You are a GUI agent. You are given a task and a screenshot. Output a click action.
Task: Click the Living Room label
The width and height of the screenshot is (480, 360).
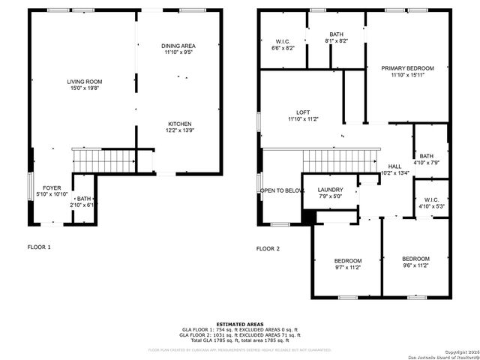pyautogui.click(x=85, y=82)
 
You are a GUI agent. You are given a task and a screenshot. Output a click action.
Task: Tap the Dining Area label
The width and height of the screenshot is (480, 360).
pyautogui.click(x=179, y=46)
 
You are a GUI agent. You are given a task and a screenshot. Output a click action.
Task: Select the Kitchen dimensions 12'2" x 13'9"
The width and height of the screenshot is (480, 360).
pyautogui.click(x=179, y=130)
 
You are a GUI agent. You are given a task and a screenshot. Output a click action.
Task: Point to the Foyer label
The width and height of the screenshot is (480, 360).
pyautogui.click(x=52, y=188)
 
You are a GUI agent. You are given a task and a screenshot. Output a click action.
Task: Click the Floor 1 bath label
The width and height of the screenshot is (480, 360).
pyautogui.click(x=82, y=199)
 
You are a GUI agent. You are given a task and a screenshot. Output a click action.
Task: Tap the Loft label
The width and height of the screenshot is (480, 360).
pyautogui.click(x=302, y=112)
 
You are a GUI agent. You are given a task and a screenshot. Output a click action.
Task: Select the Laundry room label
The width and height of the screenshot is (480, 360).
pyautogui.click(x=330, y=190)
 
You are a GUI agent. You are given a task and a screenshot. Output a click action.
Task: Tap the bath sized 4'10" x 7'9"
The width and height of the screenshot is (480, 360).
pyautogui.click(x=426, y=156)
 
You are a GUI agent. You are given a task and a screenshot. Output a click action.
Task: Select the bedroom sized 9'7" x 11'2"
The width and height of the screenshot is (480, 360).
pyautogui.click(x=347, y=260)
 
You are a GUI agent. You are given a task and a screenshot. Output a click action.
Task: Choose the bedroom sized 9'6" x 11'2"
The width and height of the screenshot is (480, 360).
pyautogui.click(x=415, y=258)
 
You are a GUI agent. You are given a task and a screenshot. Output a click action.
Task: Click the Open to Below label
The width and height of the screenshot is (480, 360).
pyautogui.click(x=282, y=190)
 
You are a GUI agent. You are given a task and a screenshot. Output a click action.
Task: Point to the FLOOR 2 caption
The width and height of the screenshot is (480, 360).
pyautogui.click(x=268, y=248)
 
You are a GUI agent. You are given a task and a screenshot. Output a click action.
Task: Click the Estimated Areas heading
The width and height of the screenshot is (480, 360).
pyautogui.click(x=239, y=324)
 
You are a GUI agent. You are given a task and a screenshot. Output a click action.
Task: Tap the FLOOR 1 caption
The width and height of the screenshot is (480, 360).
pyautogui.click(x=39, y=246)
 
